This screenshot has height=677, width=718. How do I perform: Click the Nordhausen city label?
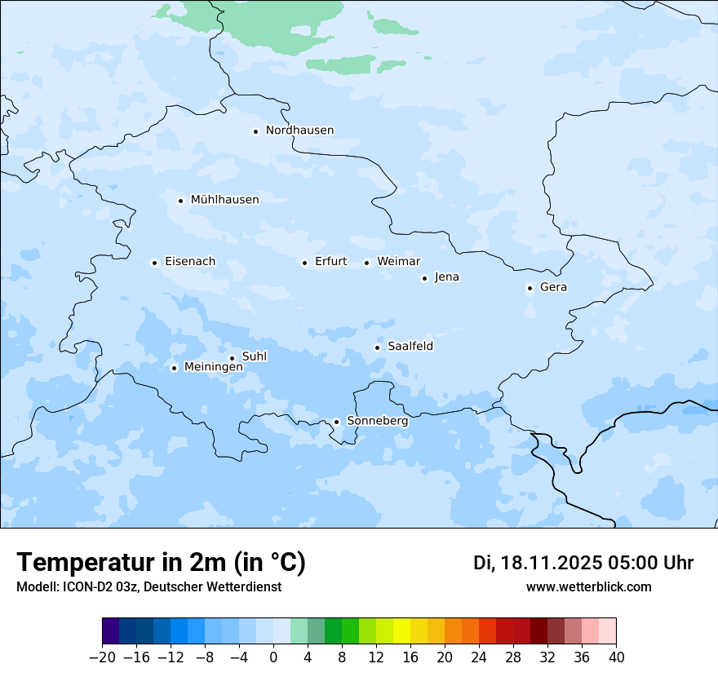pyautogui.click(x=299, y=131)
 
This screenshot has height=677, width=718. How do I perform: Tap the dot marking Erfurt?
pyautogui.click(x=304, y=263)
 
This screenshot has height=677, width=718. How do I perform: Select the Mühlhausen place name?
pyautogui.click(x=224, y=200)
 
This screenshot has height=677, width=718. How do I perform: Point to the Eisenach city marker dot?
pyautogui.click(x=154, y=263)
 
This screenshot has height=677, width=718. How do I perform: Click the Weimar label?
pyautogui.click(x=398, y=262)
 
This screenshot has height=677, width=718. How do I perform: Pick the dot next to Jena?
pyautogui.click(x=424, y=278)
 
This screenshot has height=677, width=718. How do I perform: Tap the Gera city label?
pyautogui.click(x=553, y=287)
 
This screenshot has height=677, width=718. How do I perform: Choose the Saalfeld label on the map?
pyautogui.click(x=410, y=347)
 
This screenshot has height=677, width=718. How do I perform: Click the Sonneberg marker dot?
pyautogui.click(x=336, y=422)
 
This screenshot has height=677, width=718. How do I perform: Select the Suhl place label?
pyautogui.click(x=255, y=356)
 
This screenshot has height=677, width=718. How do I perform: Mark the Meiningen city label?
pyautogui.click(x=213, y=367)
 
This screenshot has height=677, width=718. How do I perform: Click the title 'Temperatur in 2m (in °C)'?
pyautogui.click(x=161, y=562)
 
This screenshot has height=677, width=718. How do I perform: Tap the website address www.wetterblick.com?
pyautogui.click(x=588, y=586)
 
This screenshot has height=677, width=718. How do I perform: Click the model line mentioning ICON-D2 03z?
pyautogui.click(x=148, y=586)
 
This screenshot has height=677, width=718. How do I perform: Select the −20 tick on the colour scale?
pyautogui.click(x=102, y=657)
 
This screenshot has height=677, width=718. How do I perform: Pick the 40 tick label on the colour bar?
pyautogui.click(x=616, y=657)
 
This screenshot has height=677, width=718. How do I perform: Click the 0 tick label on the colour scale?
pyautogui.click(x=273, y=657)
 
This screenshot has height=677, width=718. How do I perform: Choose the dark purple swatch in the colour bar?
pyautogui.click(x=111, y=631)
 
